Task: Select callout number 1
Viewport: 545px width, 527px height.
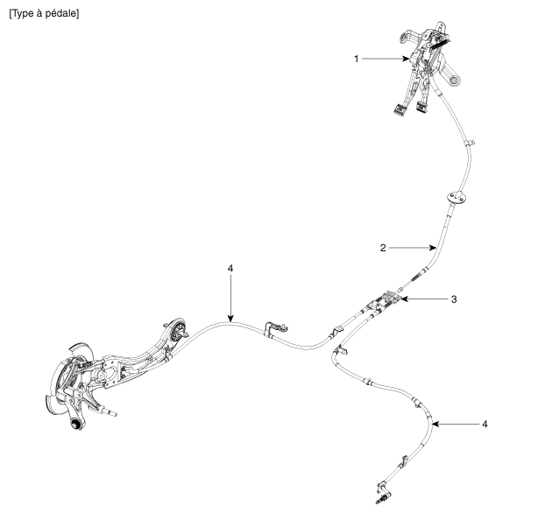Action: tap(357, 59)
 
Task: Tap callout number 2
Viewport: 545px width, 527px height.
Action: tap(383, 248)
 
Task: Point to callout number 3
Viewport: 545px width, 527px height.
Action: tap(454, 299)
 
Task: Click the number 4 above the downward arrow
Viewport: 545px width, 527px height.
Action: tap(230, 269)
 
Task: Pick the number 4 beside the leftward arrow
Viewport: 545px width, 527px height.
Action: tap(485, 424)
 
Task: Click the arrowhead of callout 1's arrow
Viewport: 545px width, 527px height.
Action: tap(407, 59)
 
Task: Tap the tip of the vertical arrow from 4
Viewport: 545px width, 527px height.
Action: tap(230, 321)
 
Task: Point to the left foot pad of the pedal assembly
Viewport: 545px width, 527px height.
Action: tap(400, 109)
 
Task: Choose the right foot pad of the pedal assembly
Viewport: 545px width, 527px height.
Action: tap(422, 108)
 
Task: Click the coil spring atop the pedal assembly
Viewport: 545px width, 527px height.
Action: tap(441, 44)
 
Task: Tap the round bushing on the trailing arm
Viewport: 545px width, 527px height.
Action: tap(180, 329)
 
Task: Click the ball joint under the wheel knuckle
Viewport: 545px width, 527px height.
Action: tap(75, 425)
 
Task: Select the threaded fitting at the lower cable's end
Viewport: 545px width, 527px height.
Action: tap(381, 500)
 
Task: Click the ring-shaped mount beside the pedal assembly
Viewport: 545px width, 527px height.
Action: tap(455, 81)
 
